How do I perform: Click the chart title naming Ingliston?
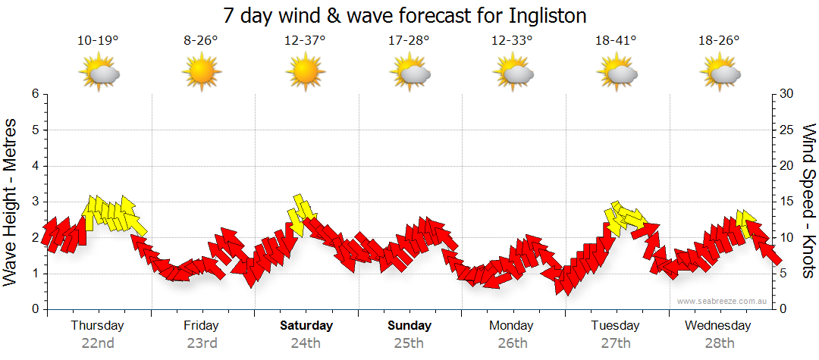(x=406, y=15)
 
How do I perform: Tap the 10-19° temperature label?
(x=98, y=40)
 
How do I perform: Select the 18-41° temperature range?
(x=616, y=40)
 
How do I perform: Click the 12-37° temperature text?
(x=305, y=40)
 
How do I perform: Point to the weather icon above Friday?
(x=202, y=74)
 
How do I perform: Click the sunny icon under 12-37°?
(x=305, y=74)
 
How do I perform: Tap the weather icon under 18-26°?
(x=720, y=74)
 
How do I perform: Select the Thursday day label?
(x=98, y=326)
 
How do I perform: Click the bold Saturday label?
(x=306, y=326)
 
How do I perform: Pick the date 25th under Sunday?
(x=409, y=343)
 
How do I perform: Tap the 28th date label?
(x=720, y=343)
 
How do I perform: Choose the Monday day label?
(x=513, y=326)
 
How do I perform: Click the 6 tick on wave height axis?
(x=35, y=94)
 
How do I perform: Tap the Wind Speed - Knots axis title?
(x=808, y=201)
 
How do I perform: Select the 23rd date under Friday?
(x=202, y=343)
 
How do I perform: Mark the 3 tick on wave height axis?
(x=35, y=202)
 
